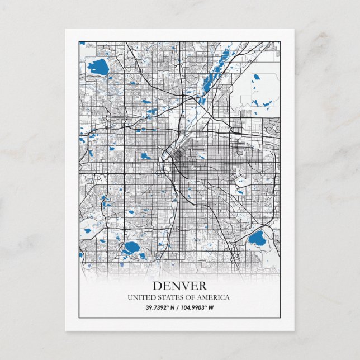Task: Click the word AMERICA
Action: (213, 297)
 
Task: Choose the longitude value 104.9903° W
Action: (198, 307)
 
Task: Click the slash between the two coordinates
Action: (177, 307)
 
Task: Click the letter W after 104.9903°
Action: (212, 307)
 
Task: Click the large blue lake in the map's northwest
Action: (98, 67)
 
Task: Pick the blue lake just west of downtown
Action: (145, 156)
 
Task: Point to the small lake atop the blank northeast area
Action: (257, 77)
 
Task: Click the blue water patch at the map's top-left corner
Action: (82, 43)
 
